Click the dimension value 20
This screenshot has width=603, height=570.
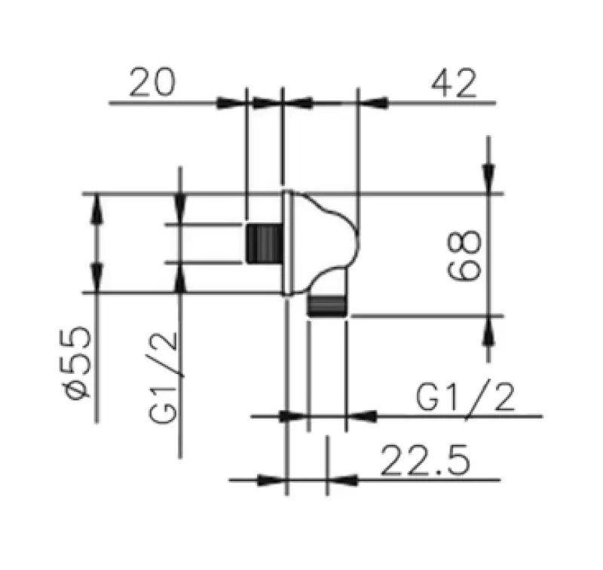tap(153, 83)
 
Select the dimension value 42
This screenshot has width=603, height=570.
tap(454, 83)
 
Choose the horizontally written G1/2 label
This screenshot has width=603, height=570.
tap(467, 397)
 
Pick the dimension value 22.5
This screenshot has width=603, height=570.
tap(424, 461)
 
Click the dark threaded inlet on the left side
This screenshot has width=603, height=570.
tap(264, 244)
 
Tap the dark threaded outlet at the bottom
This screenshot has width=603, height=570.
tap(326, 305)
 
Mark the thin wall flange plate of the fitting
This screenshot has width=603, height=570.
tap(287, 243)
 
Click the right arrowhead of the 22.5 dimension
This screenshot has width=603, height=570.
tap(342, 480)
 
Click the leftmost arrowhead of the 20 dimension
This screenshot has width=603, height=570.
tap(231, 103)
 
